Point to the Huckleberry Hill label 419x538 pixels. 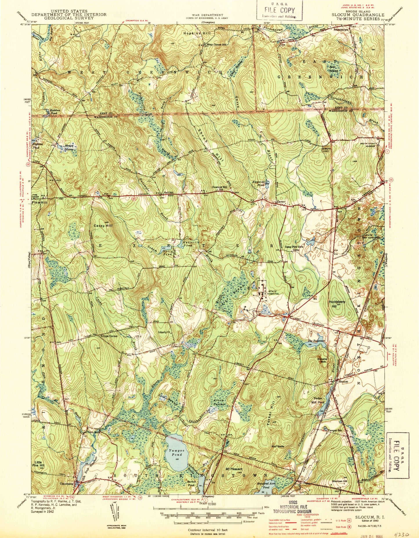337,302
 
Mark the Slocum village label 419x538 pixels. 343,382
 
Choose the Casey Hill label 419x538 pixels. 101,225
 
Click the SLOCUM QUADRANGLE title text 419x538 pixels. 358,15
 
